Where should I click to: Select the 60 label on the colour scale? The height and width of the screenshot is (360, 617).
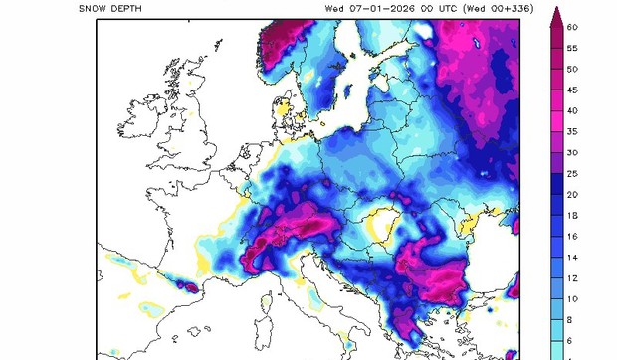click(x=573, y=28)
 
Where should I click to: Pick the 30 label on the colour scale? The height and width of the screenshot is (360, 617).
click(x=573, y=153)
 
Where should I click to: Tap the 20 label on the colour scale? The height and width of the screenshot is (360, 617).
click(x=573, y=195)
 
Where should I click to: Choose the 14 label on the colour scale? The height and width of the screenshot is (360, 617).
click(x=573, y=258)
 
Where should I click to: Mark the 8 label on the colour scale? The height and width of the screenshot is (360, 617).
click(x=573, y=320)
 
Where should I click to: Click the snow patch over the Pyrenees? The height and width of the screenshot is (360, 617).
click(x=182, y=285)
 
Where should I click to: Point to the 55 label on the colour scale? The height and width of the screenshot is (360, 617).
click(x=573, y=49)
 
